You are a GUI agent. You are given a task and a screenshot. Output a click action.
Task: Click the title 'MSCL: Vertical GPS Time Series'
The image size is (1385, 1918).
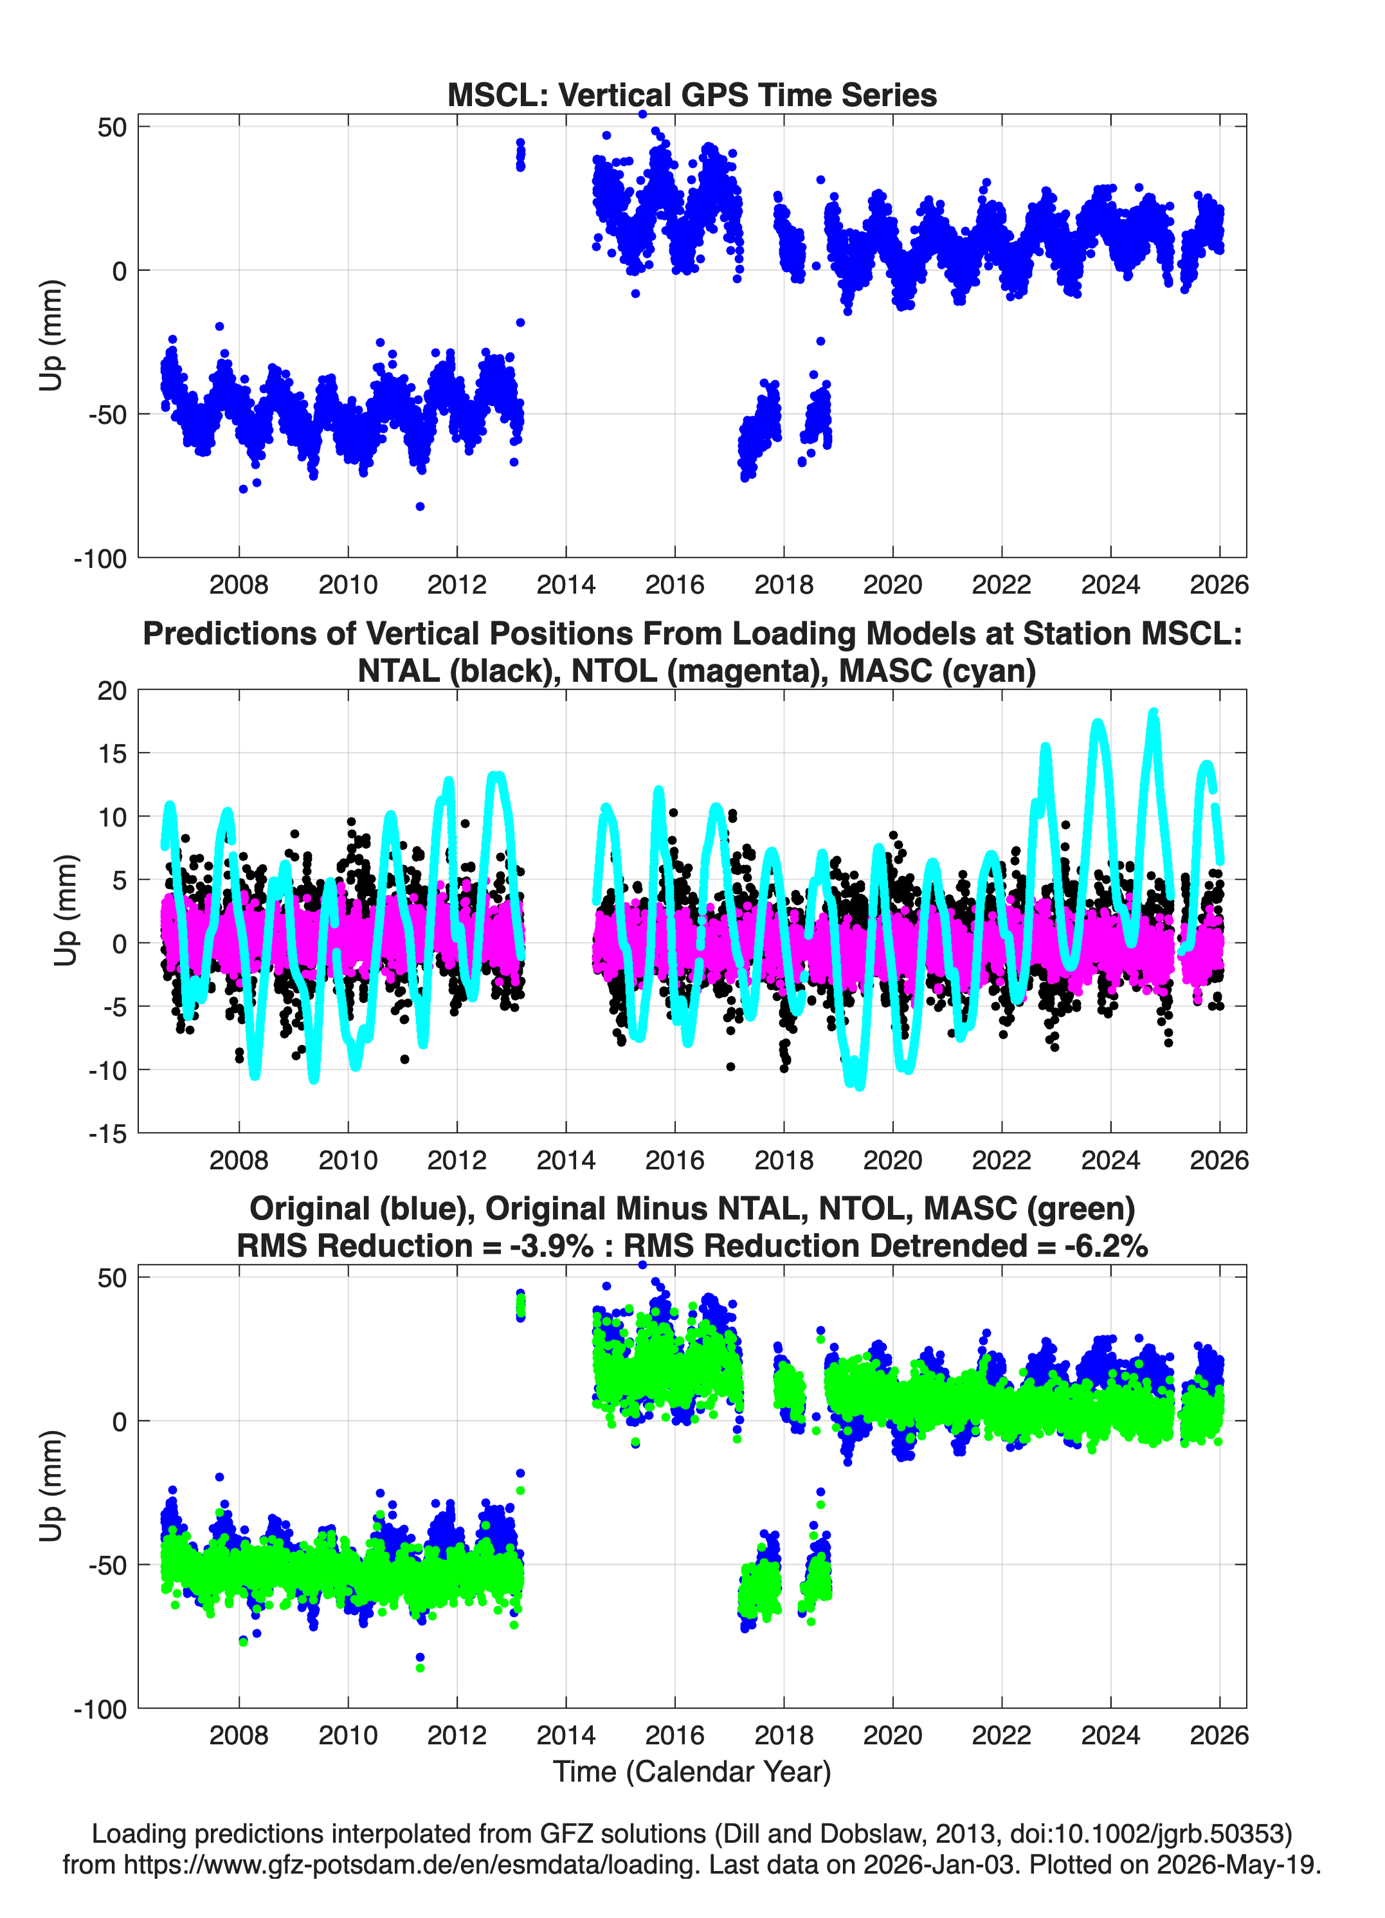pos(692,95)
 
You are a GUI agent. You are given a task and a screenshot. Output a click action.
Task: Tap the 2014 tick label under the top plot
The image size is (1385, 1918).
pos(566,585)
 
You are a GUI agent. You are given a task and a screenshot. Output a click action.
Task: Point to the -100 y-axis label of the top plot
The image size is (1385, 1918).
pos(100,559)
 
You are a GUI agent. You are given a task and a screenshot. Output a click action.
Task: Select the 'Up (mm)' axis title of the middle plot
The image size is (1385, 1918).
pos(66,910)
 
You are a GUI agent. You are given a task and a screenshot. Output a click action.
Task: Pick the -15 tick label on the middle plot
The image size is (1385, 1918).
pos(107,1134)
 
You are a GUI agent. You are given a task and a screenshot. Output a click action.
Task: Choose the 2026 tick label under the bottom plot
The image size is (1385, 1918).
pos(1219,1735)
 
